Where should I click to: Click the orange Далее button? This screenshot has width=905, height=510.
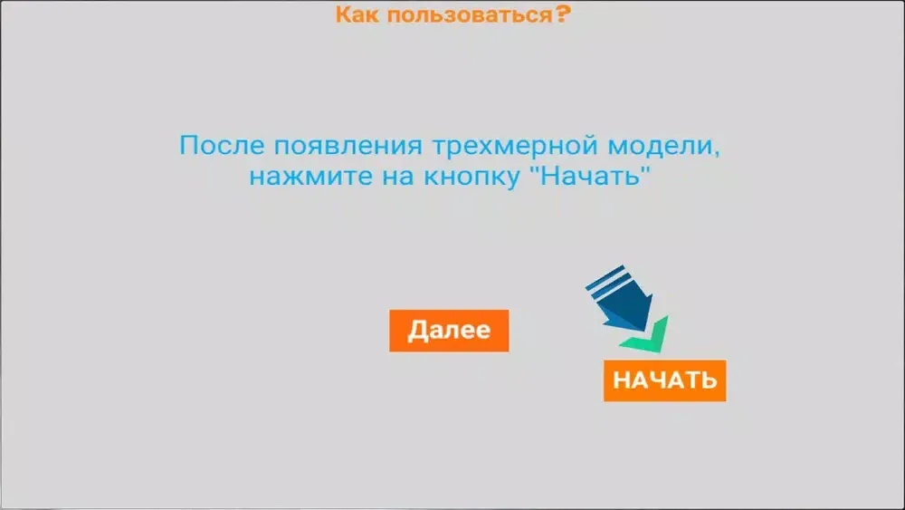coord(449,331)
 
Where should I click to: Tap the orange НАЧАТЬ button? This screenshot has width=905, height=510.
coord(665,380)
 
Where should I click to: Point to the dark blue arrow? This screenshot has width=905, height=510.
coord(621,299)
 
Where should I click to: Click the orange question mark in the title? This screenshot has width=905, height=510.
coord(563,14)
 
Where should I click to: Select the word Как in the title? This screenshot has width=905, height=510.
coord(357,14)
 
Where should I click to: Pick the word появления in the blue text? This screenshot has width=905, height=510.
coord(348,146)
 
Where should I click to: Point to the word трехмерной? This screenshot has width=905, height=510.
coord(515,146)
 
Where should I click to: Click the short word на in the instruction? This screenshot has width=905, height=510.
coord(397,177)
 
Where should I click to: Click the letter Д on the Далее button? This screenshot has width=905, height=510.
coord(417,331)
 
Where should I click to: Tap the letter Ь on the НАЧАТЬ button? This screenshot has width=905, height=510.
coord(709,380)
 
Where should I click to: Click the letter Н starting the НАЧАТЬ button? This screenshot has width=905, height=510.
coord(621,380)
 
